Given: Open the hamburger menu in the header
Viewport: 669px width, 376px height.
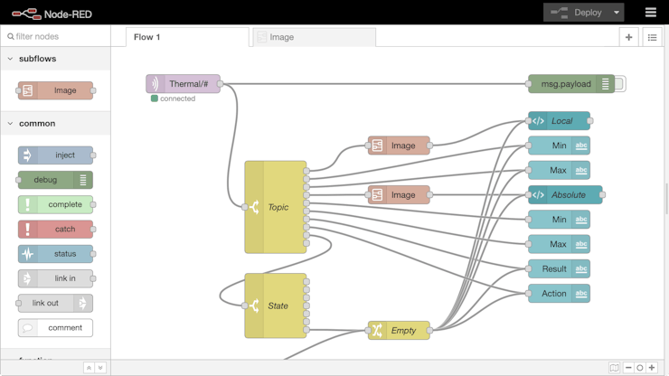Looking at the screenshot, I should point(650,13).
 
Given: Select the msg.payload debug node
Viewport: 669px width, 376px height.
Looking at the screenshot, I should point(566,84).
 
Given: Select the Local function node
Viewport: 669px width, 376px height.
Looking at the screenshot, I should point(561,121).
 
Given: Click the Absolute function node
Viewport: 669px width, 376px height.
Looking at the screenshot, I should point(567,194).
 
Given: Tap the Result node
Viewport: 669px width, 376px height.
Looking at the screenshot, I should point(553,268).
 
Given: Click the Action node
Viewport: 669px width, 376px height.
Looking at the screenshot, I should point(553,294).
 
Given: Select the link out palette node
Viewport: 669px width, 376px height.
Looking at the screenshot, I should point(50,304).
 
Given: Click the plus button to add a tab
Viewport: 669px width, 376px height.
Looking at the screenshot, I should point(629,37).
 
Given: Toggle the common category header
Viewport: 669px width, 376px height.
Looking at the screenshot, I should point(36,123).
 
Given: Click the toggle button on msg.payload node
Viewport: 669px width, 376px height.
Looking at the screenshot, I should point(620,84).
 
